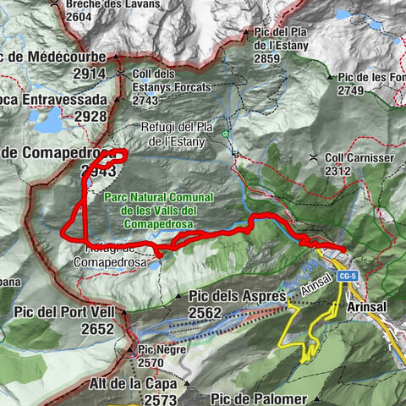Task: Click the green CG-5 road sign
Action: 345,277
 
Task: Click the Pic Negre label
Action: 156,349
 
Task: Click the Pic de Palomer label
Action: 260,398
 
